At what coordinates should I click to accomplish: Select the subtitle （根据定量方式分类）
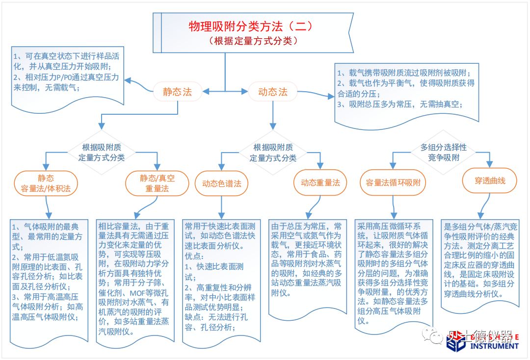pyautogui.click(x=253, y=41)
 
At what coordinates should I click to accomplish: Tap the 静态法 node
pyautogui.click(x=178, y=92)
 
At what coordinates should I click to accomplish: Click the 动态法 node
pyautogui.click(x=273, y=92)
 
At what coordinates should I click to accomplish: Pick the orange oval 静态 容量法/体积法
pyautogui.click(x=46, y=183)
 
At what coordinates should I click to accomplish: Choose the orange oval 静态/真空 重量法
pyautogui.click(x=157, y=183)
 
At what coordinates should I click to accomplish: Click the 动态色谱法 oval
pyautogui.click(x=222, y=183)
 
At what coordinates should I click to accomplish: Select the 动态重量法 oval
pyautogui.click(x=320, y=183)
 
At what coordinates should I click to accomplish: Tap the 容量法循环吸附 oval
pyautogui.click(x=393, y=183)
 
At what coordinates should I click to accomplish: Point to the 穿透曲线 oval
pyautogui.click(x=490, y=180)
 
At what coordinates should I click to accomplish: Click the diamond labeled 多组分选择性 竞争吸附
pyautogui.click(x=443, y=153)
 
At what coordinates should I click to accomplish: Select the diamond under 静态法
pyautogui.click(x=102, y=153)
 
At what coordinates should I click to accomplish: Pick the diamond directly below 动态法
pyautogui.click(x=273, y=153)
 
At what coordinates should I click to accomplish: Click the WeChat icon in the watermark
pyautogui.click(x=432, y=335)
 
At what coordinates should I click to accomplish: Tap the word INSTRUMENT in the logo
pyautogui.click(x=494, y=346)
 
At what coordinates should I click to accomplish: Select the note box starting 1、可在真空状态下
pyautogui.click(x=68, y=77)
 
